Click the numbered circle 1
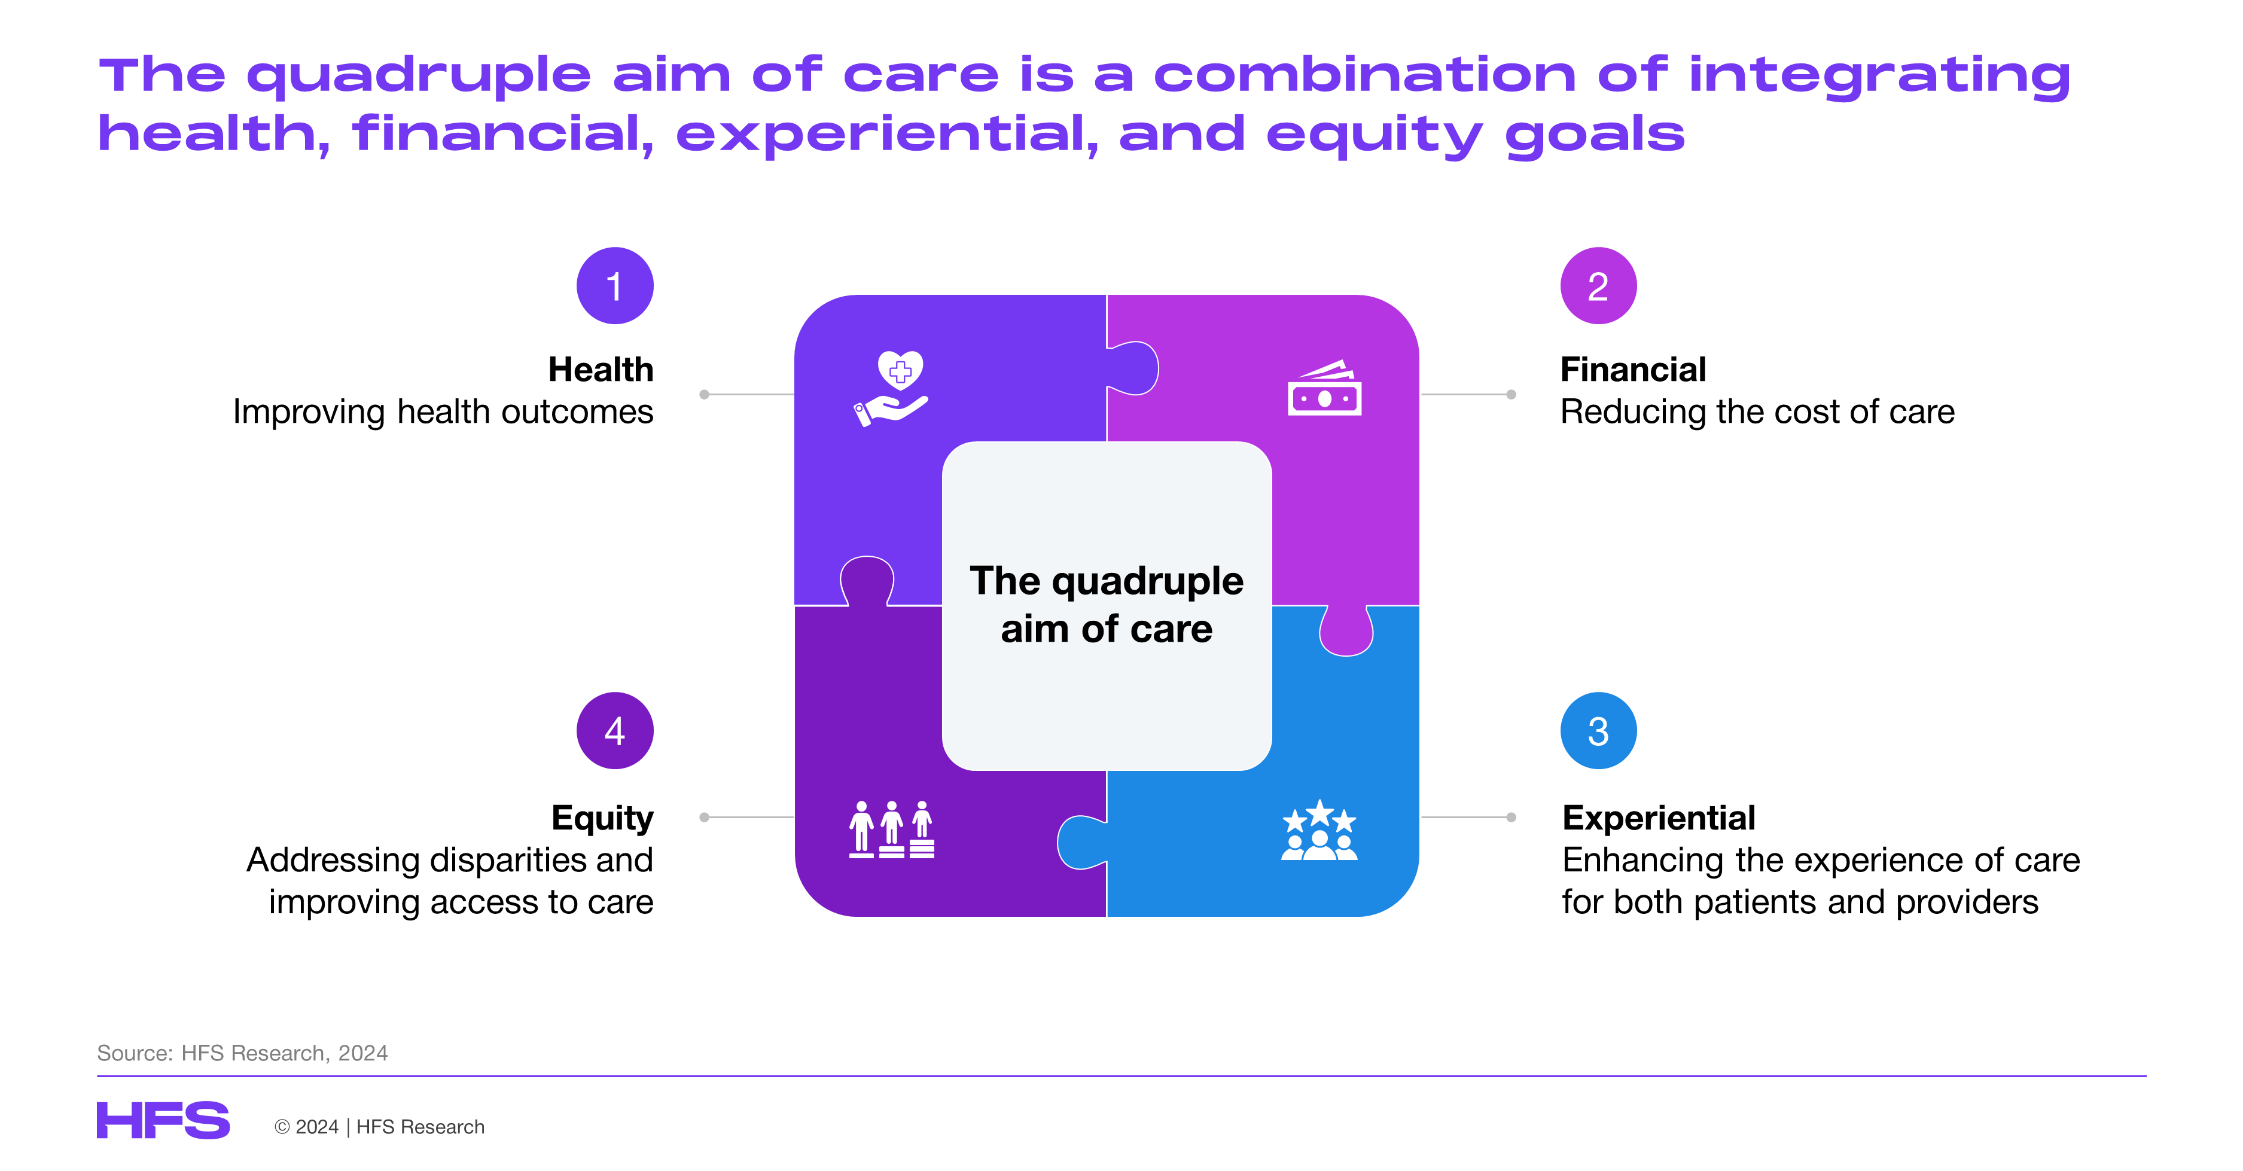pyautogui.click(x=615, y=285)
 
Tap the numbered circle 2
pyautogui.click(x=1598, y=285)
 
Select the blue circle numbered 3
pyautogui.click(x=1598, y=730)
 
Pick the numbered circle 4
pyautogui.click(x=615, y=730)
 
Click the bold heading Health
pyautogui.click(x=601, y=369)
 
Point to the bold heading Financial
pyautogui.click(x=1633, y=369)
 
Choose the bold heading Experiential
pyautogui.click(x=1659, y=818)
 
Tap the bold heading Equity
pyautogui.click(x=602, y=818)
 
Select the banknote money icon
pyautogui.click(x=1324, y=388)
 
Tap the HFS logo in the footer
pyautogui.click(x=163, y=1121)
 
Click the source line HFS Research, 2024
pyautogui.click(x=285, y=1053)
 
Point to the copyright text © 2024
pyautogui.click(x=306, y=1127)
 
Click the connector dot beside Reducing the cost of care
pyautogui.click(x=1511, y=394)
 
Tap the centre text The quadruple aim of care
pyautogui.click(x=1107, y=604)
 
